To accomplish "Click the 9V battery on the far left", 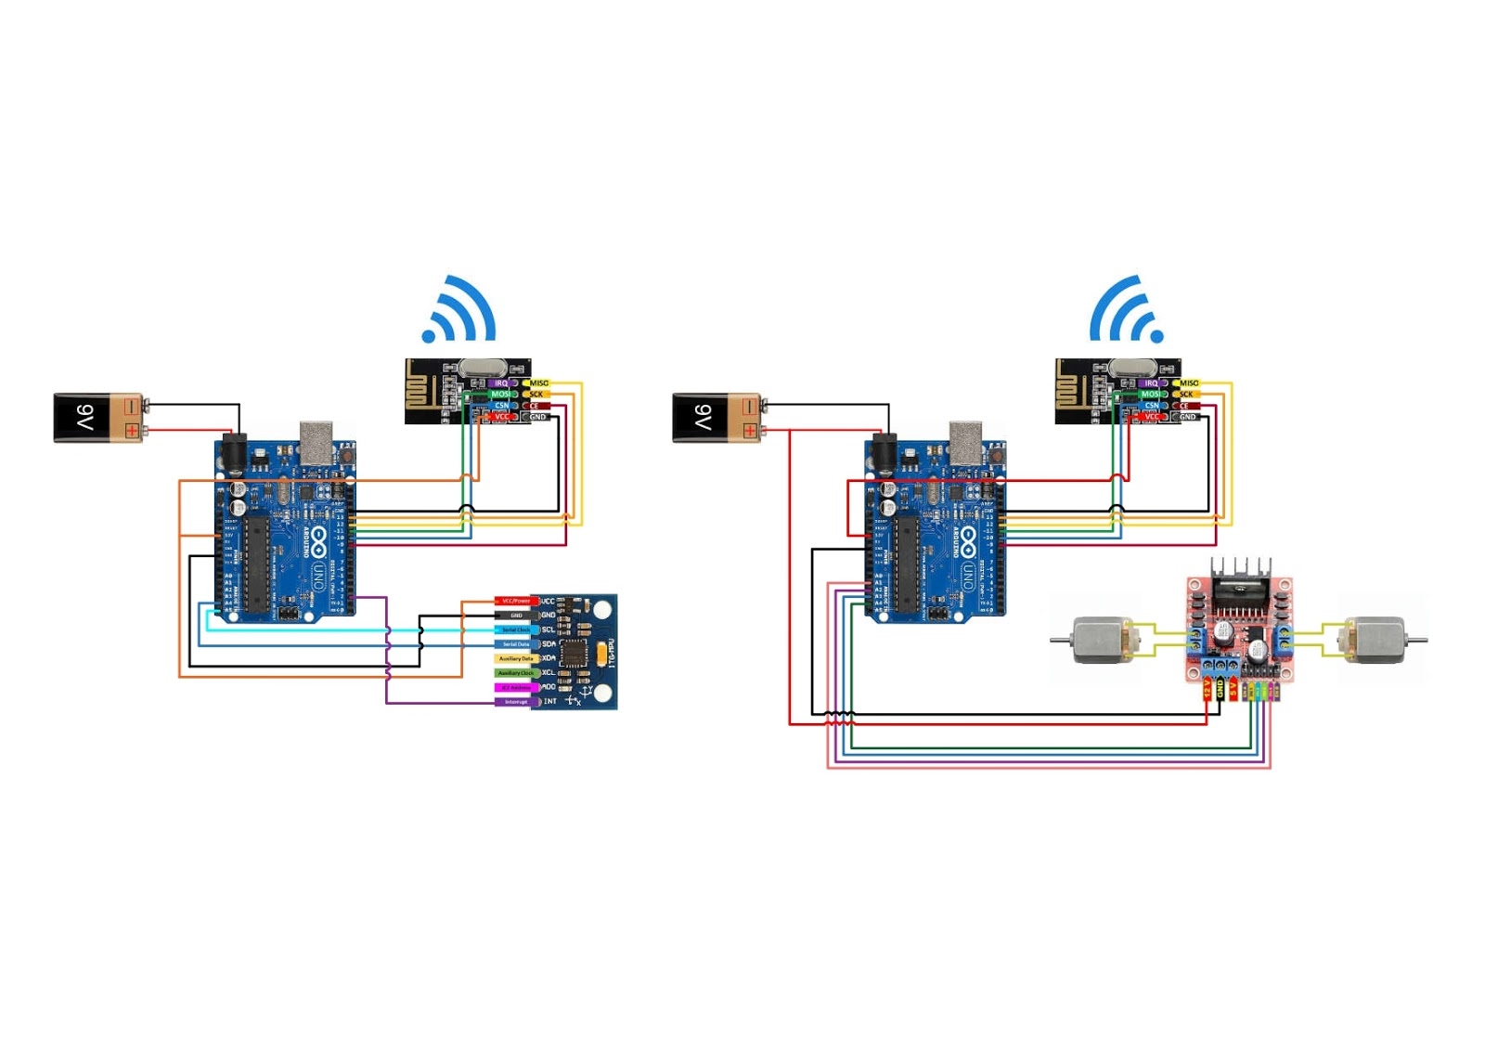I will point(97,418).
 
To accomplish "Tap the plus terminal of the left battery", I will point(132,431).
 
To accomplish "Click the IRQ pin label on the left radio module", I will point(501,383).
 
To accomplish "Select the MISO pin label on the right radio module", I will point(1189,383).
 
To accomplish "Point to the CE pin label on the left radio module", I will point(535,406).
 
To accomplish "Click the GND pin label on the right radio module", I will point(1188,417).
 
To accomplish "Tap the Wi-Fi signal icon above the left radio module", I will point(461,310).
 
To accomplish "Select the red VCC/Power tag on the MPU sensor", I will point(515,601).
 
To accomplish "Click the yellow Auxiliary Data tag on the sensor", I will point(515,658).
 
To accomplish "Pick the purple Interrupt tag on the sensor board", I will point(515,702).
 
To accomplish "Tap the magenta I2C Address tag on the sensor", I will point(515,687).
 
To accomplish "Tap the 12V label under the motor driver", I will point(1207,689).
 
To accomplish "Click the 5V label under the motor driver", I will point(1233,689).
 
